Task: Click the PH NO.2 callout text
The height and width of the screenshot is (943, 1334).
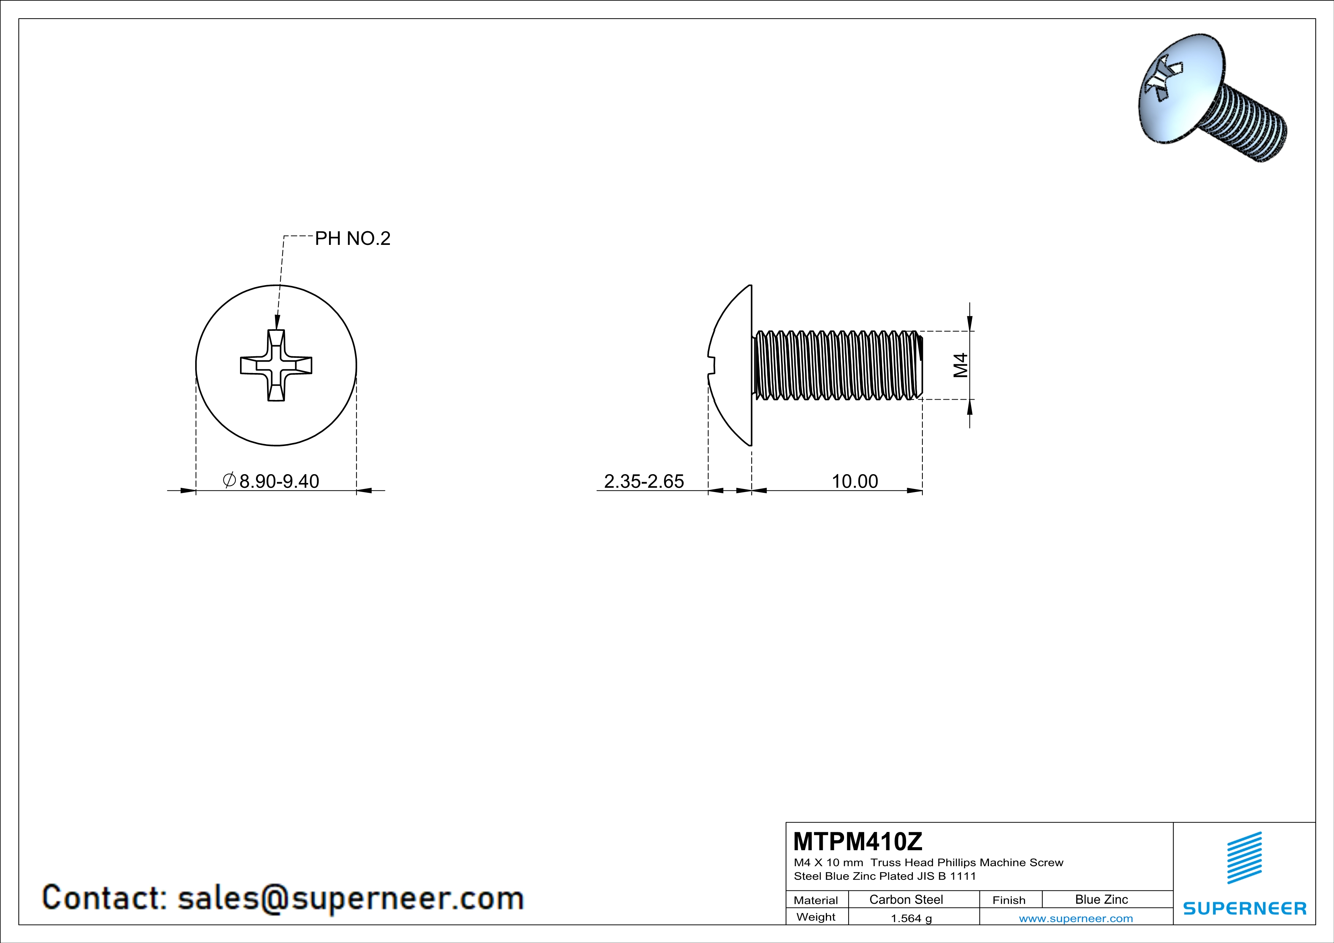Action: [352, 239]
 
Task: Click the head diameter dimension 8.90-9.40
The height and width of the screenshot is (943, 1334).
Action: [279, 481]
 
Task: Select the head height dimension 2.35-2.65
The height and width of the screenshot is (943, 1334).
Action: [644, 481]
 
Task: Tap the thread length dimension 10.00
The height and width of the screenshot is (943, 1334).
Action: [855, 481]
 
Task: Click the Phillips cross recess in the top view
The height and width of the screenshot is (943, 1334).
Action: [276, 365]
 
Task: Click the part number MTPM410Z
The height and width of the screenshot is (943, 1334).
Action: [857, 841]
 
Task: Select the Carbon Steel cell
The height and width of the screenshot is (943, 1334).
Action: [906, 899]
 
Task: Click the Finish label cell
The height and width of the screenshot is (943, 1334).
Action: [1009, 900]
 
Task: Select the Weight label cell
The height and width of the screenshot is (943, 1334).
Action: [816, 917]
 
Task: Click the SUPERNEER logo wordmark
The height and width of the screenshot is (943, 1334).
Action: [1245, 908]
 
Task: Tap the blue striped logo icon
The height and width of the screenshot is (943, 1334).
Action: [1244, 858]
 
